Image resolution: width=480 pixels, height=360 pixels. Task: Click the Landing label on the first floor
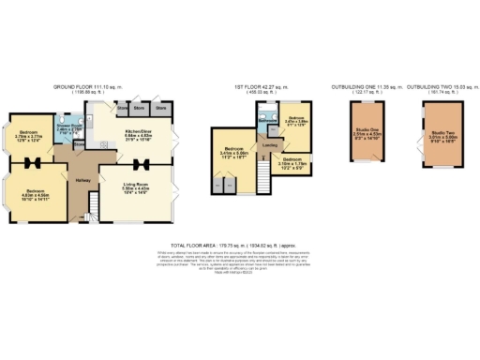269,146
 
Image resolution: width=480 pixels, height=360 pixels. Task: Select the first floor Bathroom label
266,120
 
